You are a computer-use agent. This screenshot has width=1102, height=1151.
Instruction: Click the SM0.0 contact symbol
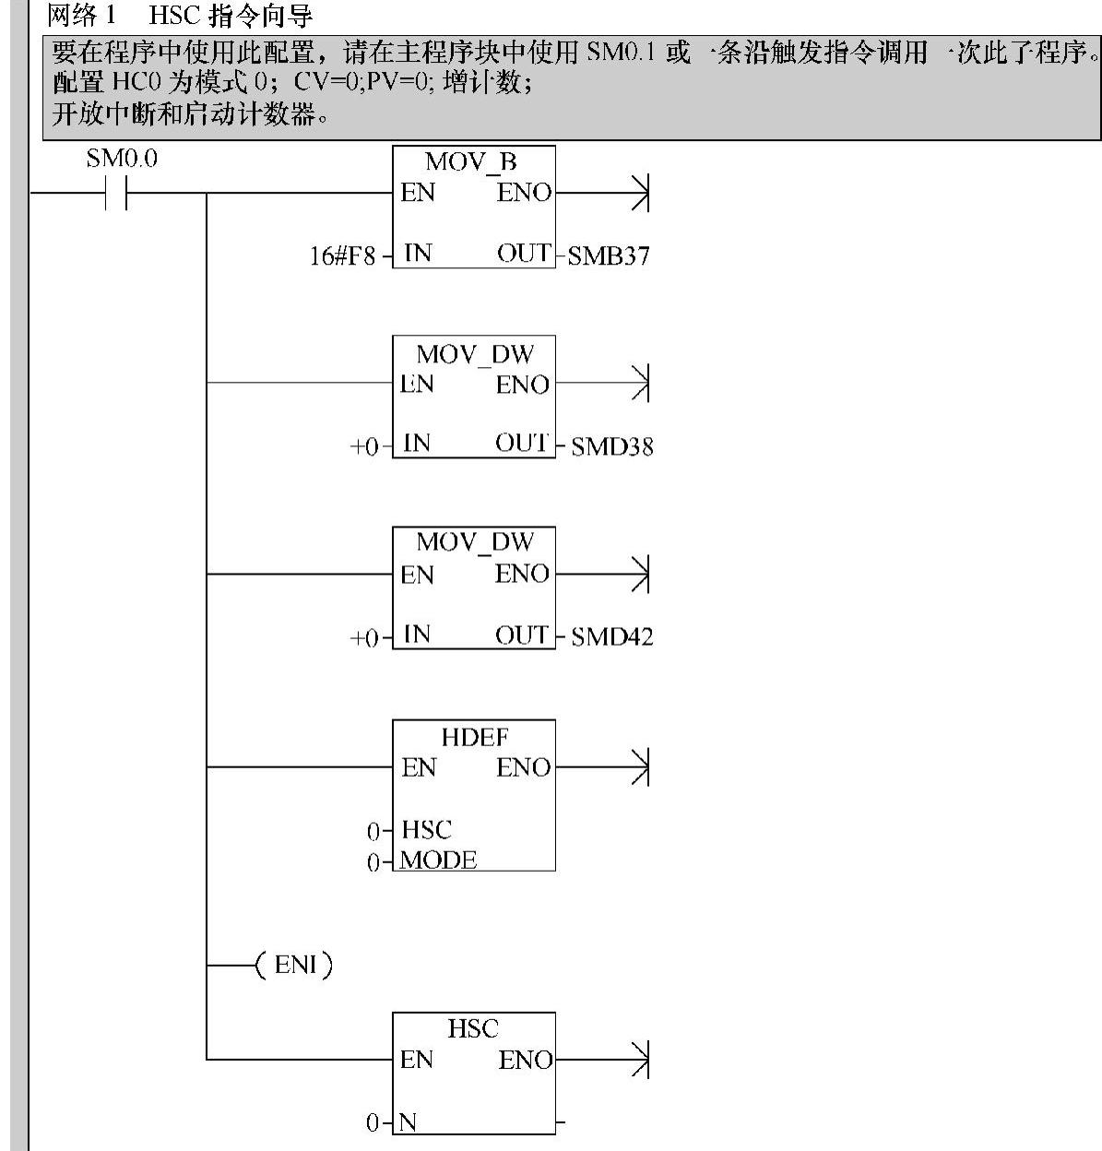116,194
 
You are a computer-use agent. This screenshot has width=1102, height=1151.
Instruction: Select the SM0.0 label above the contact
122,159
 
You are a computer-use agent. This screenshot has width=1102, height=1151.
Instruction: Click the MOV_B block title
471,162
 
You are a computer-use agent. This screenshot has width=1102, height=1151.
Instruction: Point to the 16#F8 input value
342,256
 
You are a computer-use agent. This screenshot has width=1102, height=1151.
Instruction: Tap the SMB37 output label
609,256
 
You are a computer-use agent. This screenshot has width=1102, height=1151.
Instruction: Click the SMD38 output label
612,447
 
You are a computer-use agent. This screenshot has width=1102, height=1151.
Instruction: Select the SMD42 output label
612,637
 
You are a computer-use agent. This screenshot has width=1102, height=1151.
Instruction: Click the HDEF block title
475,738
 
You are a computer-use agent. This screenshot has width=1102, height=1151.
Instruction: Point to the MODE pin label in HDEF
439,860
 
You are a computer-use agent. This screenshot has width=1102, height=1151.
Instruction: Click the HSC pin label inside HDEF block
426,830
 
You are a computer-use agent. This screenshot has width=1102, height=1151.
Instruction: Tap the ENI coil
294,966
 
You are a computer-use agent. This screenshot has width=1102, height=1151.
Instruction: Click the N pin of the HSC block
408,1122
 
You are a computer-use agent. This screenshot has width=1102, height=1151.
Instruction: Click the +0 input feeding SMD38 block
364,447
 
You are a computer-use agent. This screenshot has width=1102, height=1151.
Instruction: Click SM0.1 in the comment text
621,53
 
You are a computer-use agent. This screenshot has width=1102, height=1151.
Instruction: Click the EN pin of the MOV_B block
418,194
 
